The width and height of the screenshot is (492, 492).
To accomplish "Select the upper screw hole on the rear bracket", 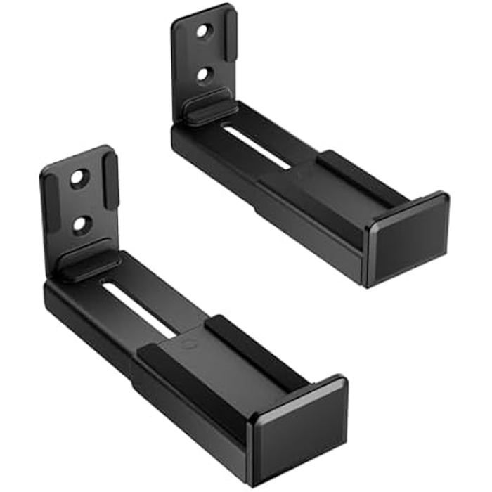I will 205,32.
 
